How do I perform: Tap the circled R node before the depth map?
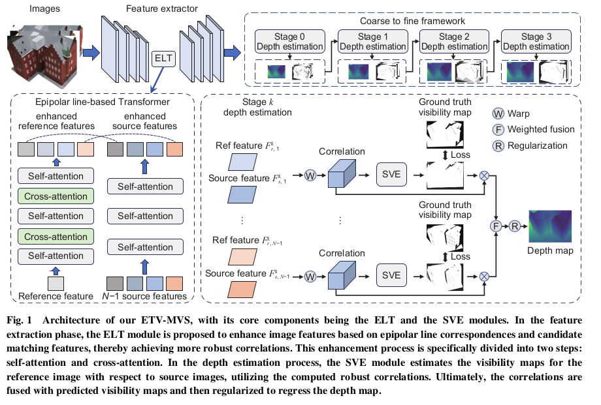tap(515, 226)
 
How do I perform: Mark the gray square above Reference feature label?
tap(56, 282)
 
